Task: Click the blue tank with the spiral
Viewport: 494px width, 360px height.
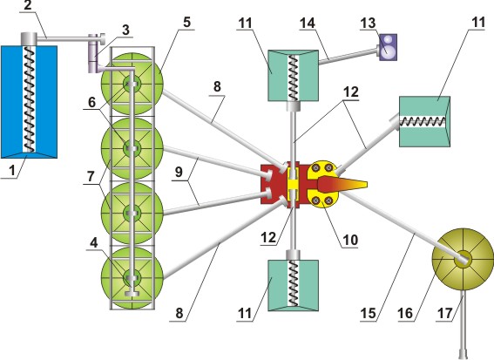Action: pyautogui.click(x=29, y=101)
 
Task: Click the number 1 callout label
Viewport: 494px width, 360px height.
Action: pyautogui.click(x=12, y=171)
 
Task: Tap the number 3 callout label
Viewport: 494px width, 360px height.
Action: pyautogui.click(x=125, y=30)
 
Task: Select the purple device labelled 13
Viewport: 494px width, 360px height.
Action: pyautogui.click(x=388, y=47)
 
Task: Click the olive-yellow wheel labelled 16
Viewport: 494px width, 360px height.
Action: pyautogui.click(x=463, y=260)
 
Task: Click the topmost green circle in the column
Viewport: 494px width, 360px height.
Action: pyautogui.click(x=132, y=84)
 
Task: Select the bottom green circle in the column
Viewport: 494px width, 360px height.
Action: pyautogui.click(x=132, y=278)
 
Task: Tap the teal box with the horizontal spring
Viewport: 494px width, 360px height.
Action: pyautogui.click(x=424, y=121)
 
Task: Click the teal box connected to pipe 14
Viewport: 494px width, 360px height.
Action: pyautogui.click(x=293, y=75)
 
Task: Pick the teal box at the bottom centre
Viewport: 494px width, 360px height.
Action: pyautogui.click(x=293, y=286)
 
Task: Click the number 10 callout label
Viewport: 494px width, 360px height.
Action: pyautogui.click(x=350, y=240)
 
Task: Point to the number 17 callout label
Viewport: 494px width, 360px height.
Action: pyautogui.click(x=444, y=313)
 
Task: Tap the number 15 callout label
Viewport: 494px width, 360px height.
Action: pyautogui.click(x=368, y=313)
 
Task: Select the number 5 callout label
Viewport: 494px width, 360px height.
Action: pyautogui.click(x=187, y=22)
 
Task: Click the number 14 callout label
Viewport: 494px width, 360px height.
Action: pyautogui.click(x=308, y=23)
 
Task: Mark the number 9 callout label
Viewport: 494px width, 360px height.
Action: pyautogui.click(x=179, y=172)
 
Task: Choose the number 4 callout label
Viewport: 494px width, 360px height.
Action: pyautogui.click(x=93, y=242)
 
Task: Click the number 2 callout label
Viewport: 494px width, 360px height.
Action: pyautogui.click(x=28, y=5)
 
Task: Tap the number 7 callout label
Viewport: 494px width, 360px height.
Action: pyautogui.click(x=91, y=176)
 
